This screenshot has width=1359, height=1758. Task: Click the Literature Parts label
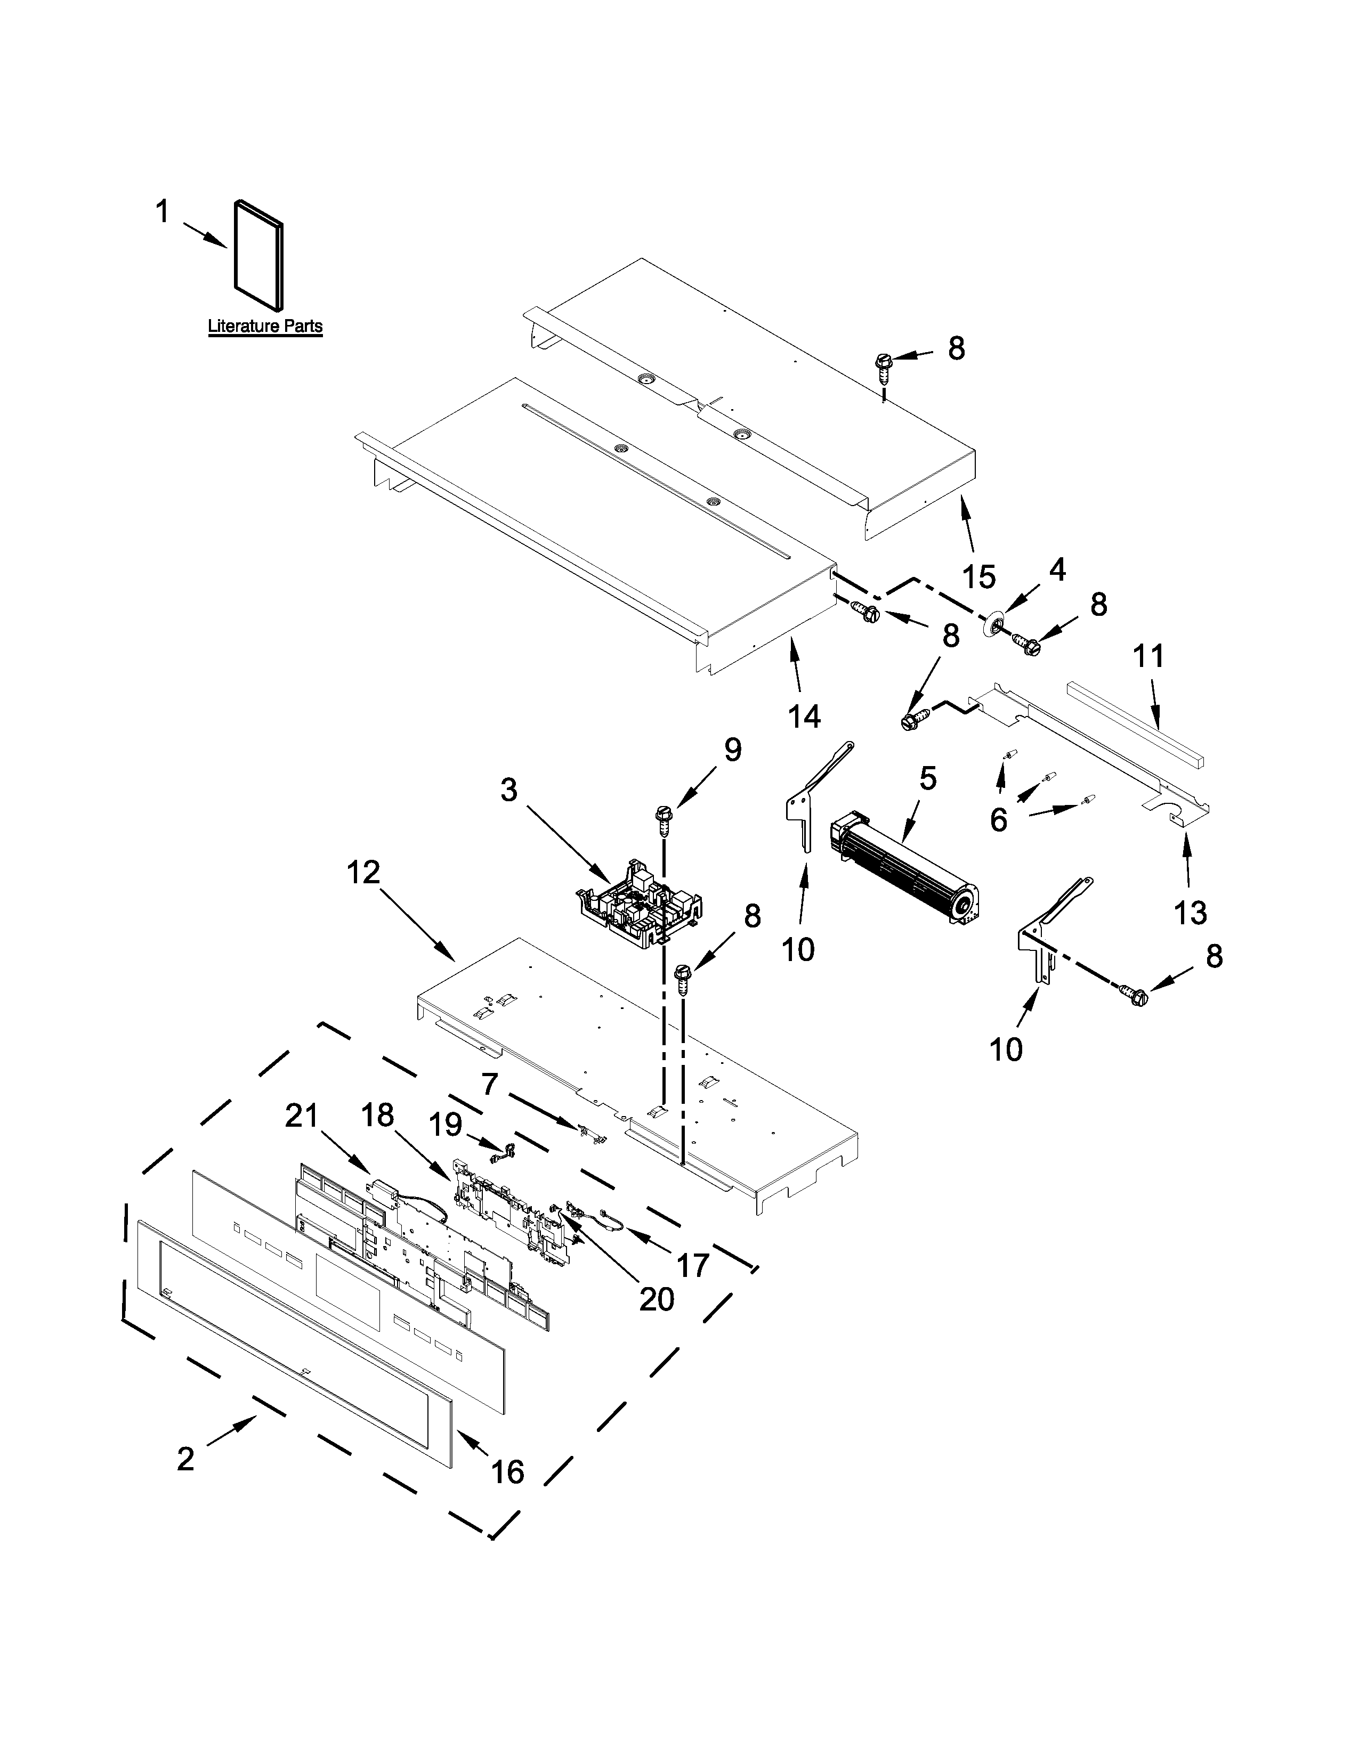[265, 326]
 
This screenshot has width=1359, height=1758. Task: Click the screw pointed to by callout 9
[665, 817]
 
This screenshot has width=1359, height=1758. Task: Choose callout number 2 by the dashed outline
[186, 1459]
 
